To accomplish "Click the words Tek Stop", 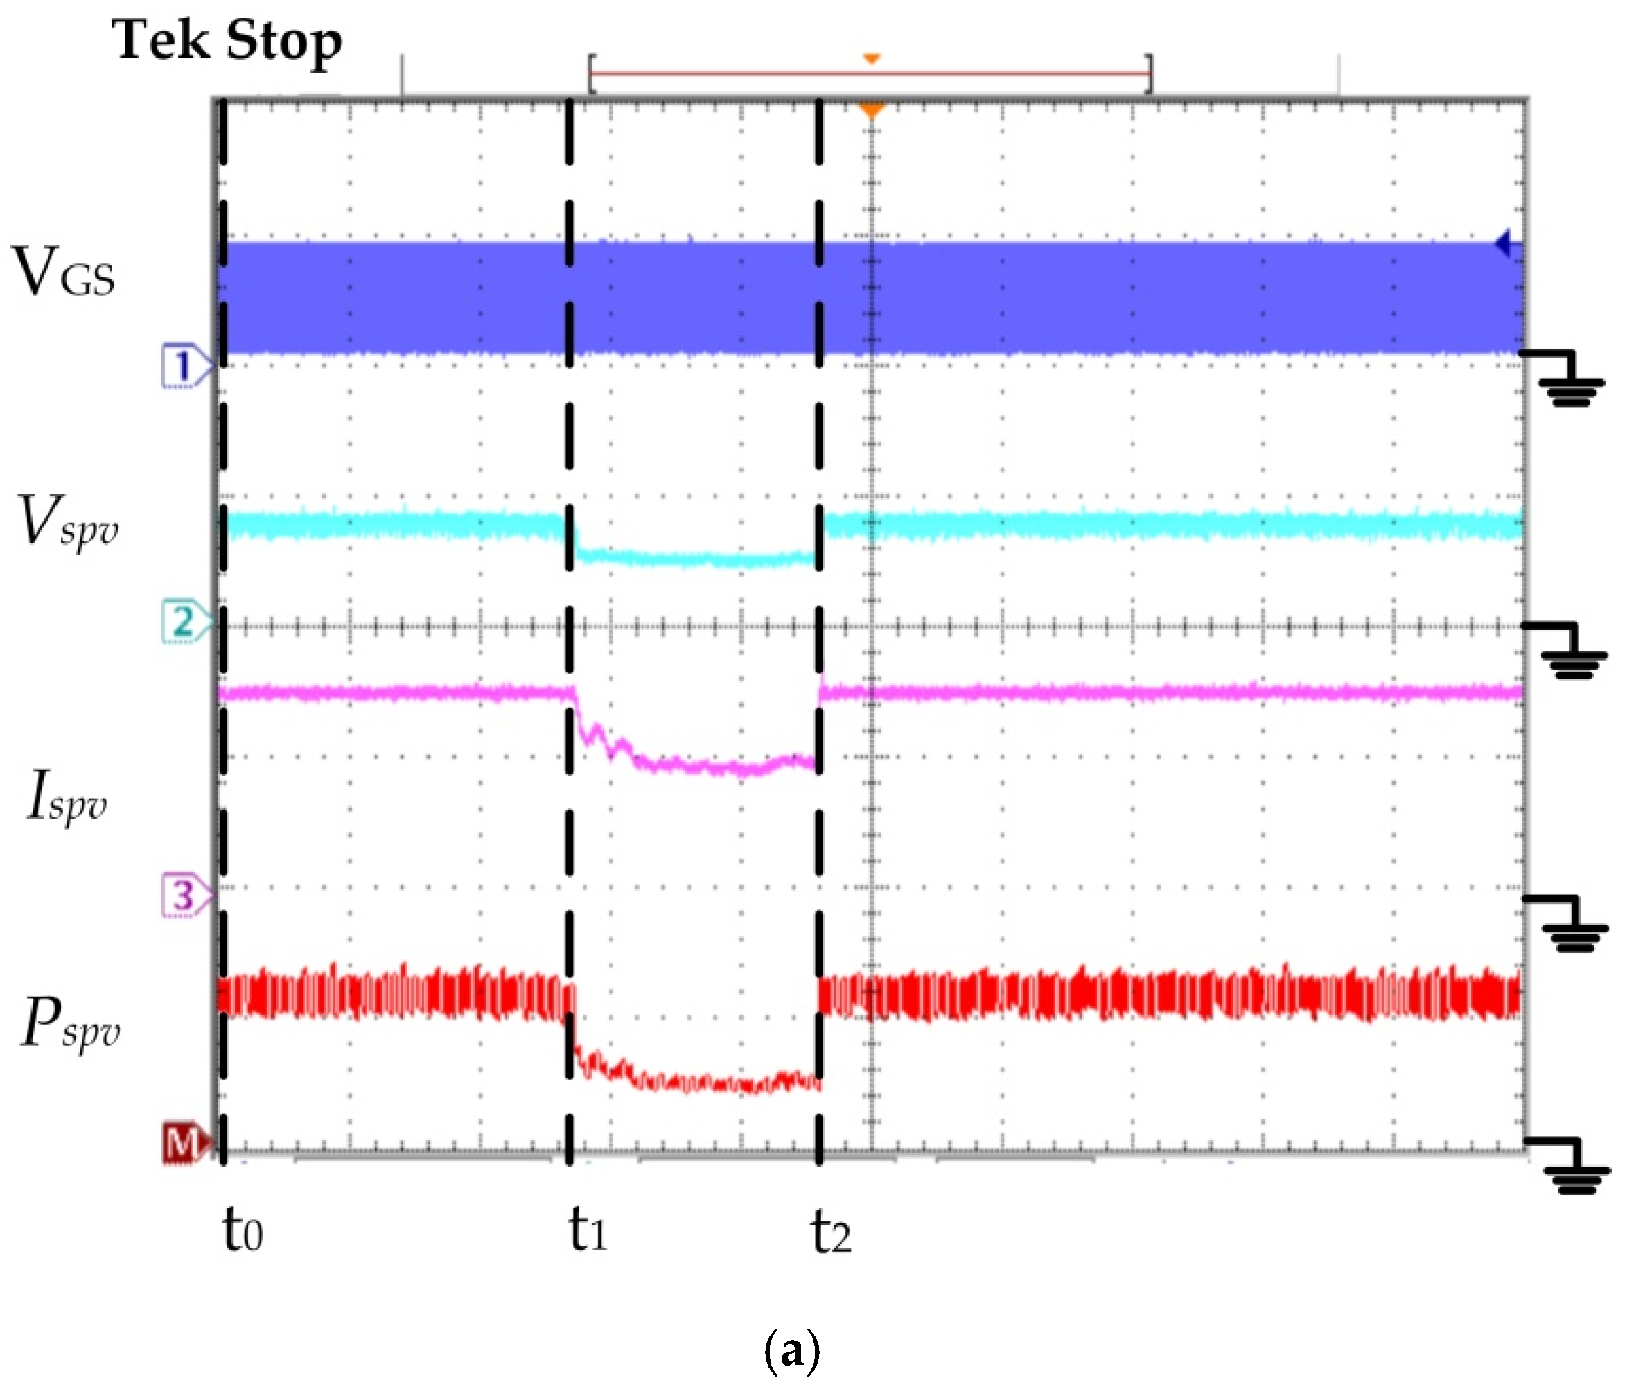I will point(227,41).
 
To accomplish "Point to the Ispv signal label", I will point(67,796).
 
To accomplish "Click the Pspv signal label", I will point(70,1022).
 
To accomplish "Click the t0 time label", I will point(243,1229).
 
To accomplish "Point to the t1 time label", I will point(588,1229).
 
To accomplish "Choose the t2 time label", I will point(831,1232).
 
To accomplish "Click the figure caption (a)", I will point(791,1350).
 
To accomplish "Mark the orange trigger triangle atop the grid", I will point(871,111).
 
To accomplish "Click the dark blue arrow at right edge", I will point(1502,243).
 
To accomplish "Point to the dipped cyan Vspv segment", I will point(695,559).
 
